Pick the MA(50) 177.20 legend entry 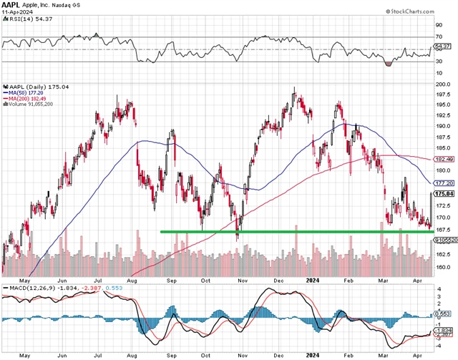pos(27,92)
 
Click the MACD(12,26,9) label pos(26,288)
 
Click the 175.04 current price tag pos(443,194)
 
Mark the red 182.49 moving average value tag pos(443,160)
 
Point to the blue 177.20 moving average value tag pos(443,183)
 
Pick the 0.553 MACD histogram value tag pos(442,314)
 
